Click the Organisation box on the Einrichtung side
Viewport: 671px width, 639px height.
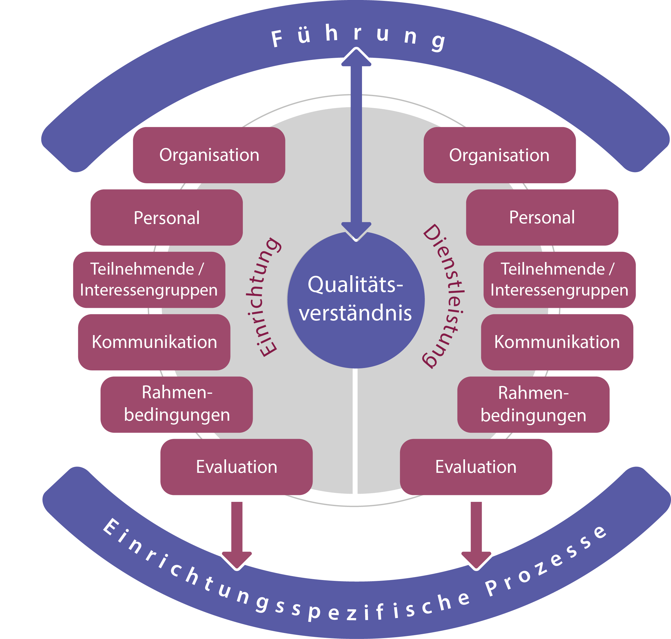209,155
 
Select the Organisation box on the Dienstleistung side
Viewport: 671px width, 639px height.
499,155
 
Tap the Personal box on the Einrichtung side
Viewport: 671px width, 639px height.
166,217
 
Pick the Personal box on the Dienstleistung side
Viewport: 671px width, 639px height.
542,217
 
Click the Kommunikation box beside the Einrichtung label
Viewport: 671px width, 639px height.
154,342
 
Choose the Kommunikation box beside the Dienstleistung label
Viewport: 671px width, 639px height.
557,342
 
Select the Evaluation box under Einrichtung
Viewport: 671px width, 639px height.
236,467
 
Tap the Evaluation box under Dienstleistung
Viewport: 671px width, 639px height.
476,467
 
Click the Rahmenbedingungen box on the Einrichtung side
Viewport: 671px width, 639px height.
176,404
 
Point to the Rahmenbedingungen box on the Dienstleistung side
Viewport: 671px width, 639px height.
533,404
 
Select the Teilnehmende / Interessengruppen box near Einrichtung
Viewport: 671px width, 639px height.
149,280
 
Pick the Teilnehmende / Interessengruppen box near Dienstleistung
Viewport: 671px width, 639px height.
559,280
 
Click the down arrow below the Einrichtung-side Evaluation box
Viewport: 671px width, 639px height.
237,535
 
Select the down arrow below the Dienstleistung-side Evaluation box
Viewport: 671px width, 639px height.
476,535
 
